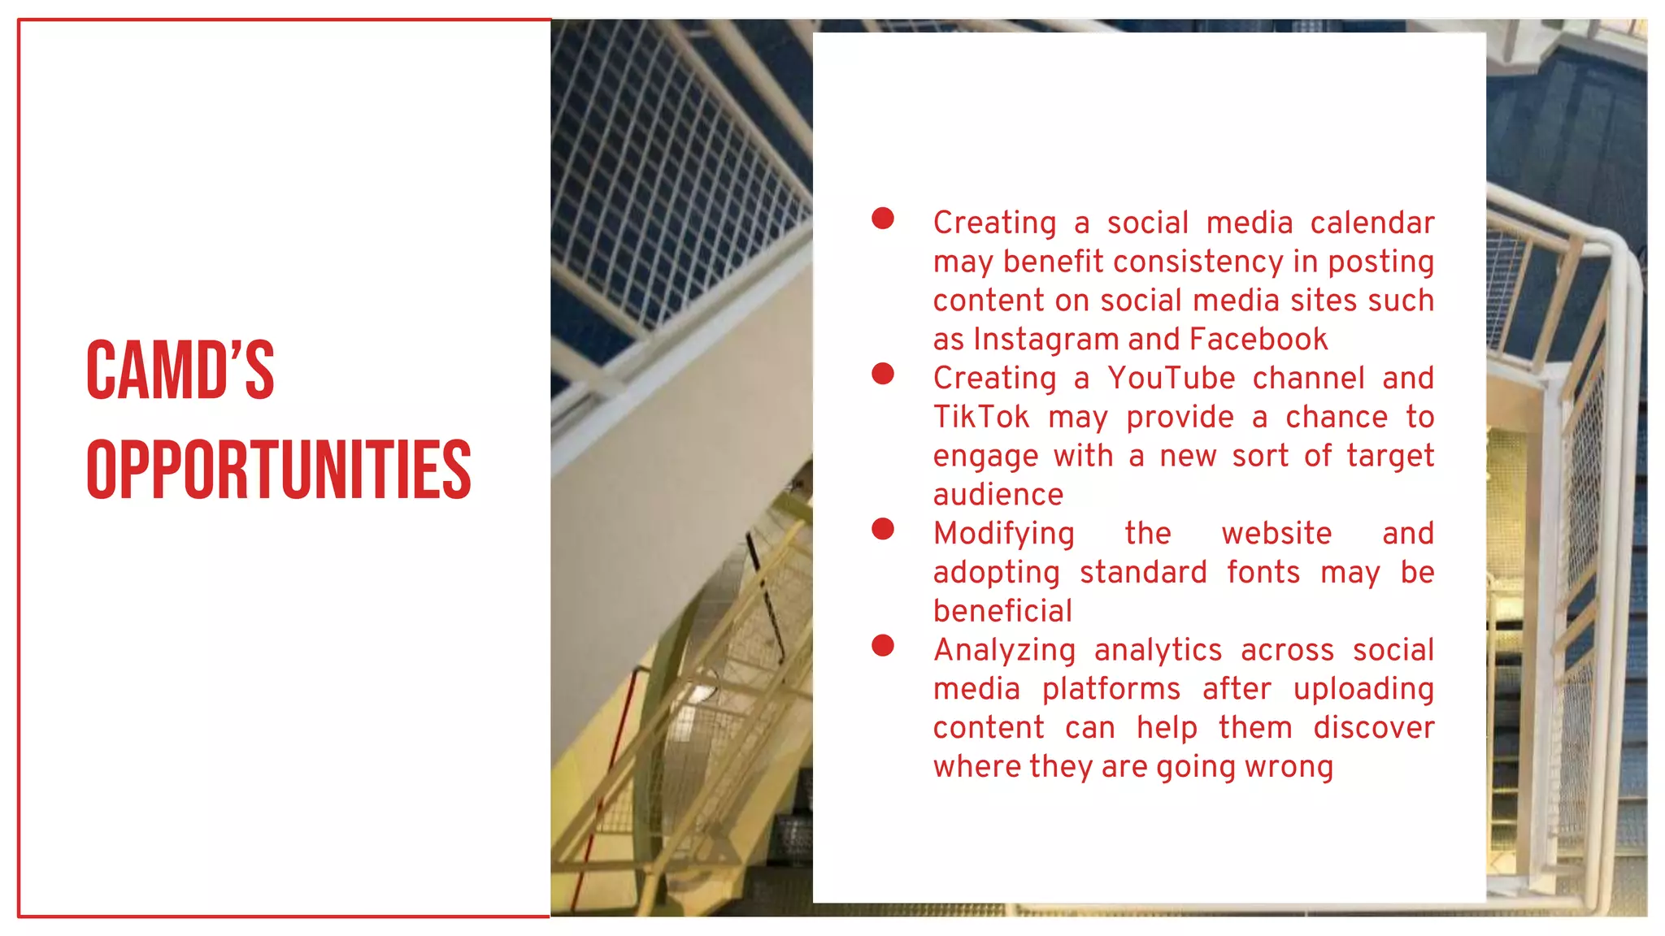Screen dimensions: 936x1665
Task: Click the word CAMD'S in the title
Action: pyautogui.click(x=180, y=370)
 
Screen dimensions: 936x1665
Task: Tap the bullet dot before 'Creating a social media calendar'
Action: pyautogui.click(x=883, y=219)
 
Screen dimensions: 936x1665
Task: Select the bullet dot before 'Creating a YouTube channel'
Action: pyautogui.click(x=883, y=374)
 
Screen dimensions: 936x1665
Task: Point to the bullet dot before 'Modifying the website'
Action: pyautogui.click(x=883, y=529)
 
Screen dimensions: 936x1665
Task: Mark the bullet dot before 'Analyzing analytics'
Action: pyautogui.click(x=883, y=646)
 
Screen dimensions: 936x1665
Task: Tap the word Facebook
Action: pyautogui.click(x=1258, y=340)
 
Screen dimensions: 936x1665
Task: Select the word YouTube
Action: pyautogui.click(x=1171, y=379)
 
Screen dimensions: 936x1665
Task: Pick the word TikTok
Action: pyautogui.click(x=980, y=418)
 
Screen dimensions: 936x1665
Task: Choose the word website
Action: pyautogui.click(x=1276, y=534)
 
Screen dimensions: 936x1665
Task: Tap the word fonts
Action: pyautogui.click(x=1263, y=573)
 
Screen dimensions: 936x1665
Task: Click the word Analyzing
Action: pyautogui.click(x=1004, y=651)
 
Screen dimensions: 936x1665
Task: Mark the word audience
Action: pyautogui.click(x=998, y=495)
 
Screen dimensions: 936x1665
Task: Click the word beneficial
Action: pyautogui.click(x=1002, y=612)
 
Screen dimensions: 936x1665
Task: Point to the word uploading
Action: pyautogui.click(x=1363, y=690)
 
